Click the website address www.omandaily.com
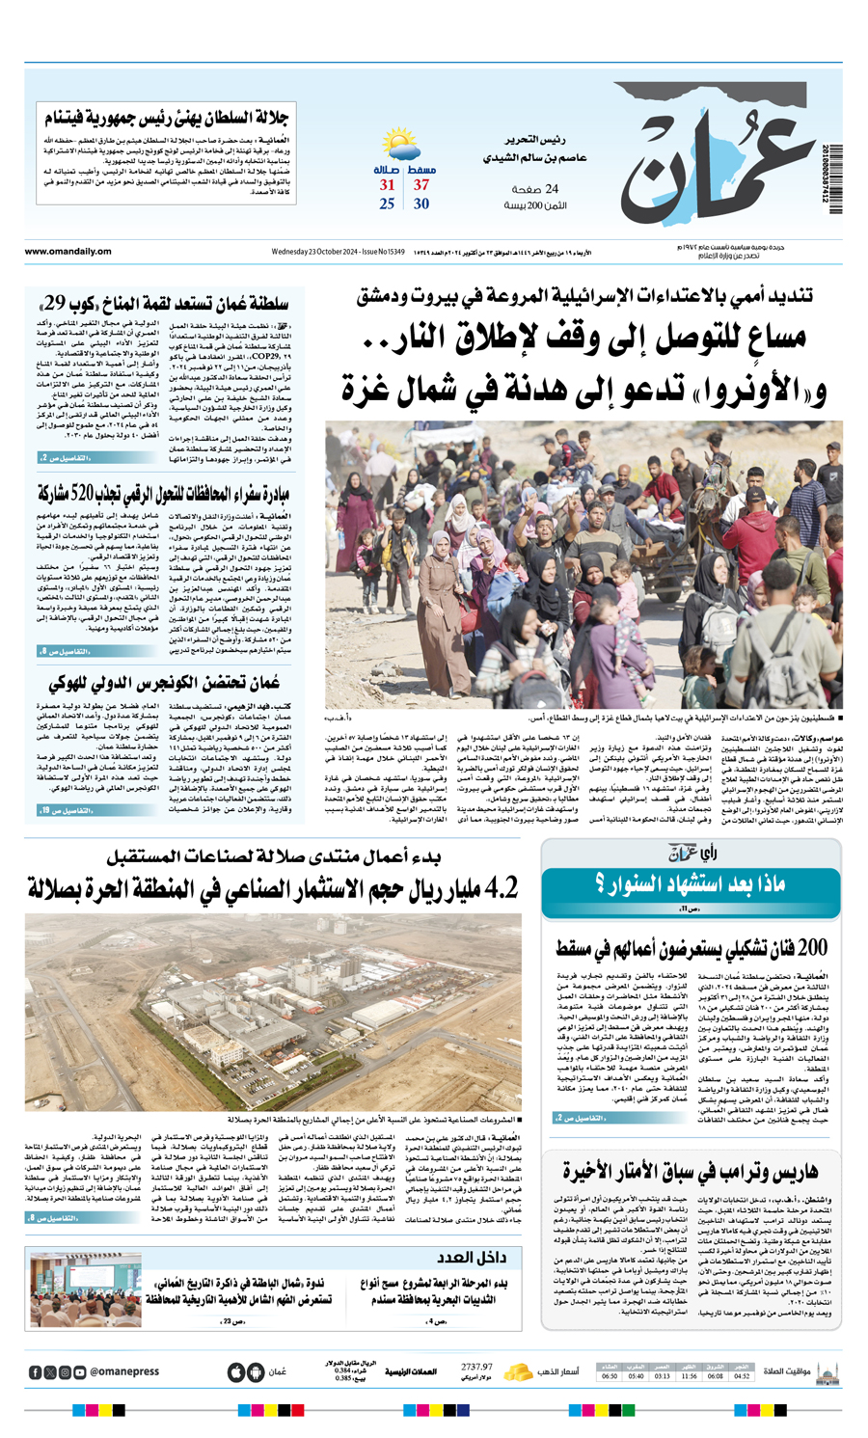click(x=68, y=252)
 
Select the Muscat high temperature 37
click(x=421, y=185)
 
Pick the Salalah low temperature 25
click(x=387, y=203)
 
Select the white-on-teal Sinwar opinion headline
click(x=691, y=883)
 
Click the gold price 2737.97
click(x=476, y=1367)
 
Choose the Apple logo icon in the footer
click(x=235, y=1370)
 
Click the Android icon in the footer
click(x=256, y=1370)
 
